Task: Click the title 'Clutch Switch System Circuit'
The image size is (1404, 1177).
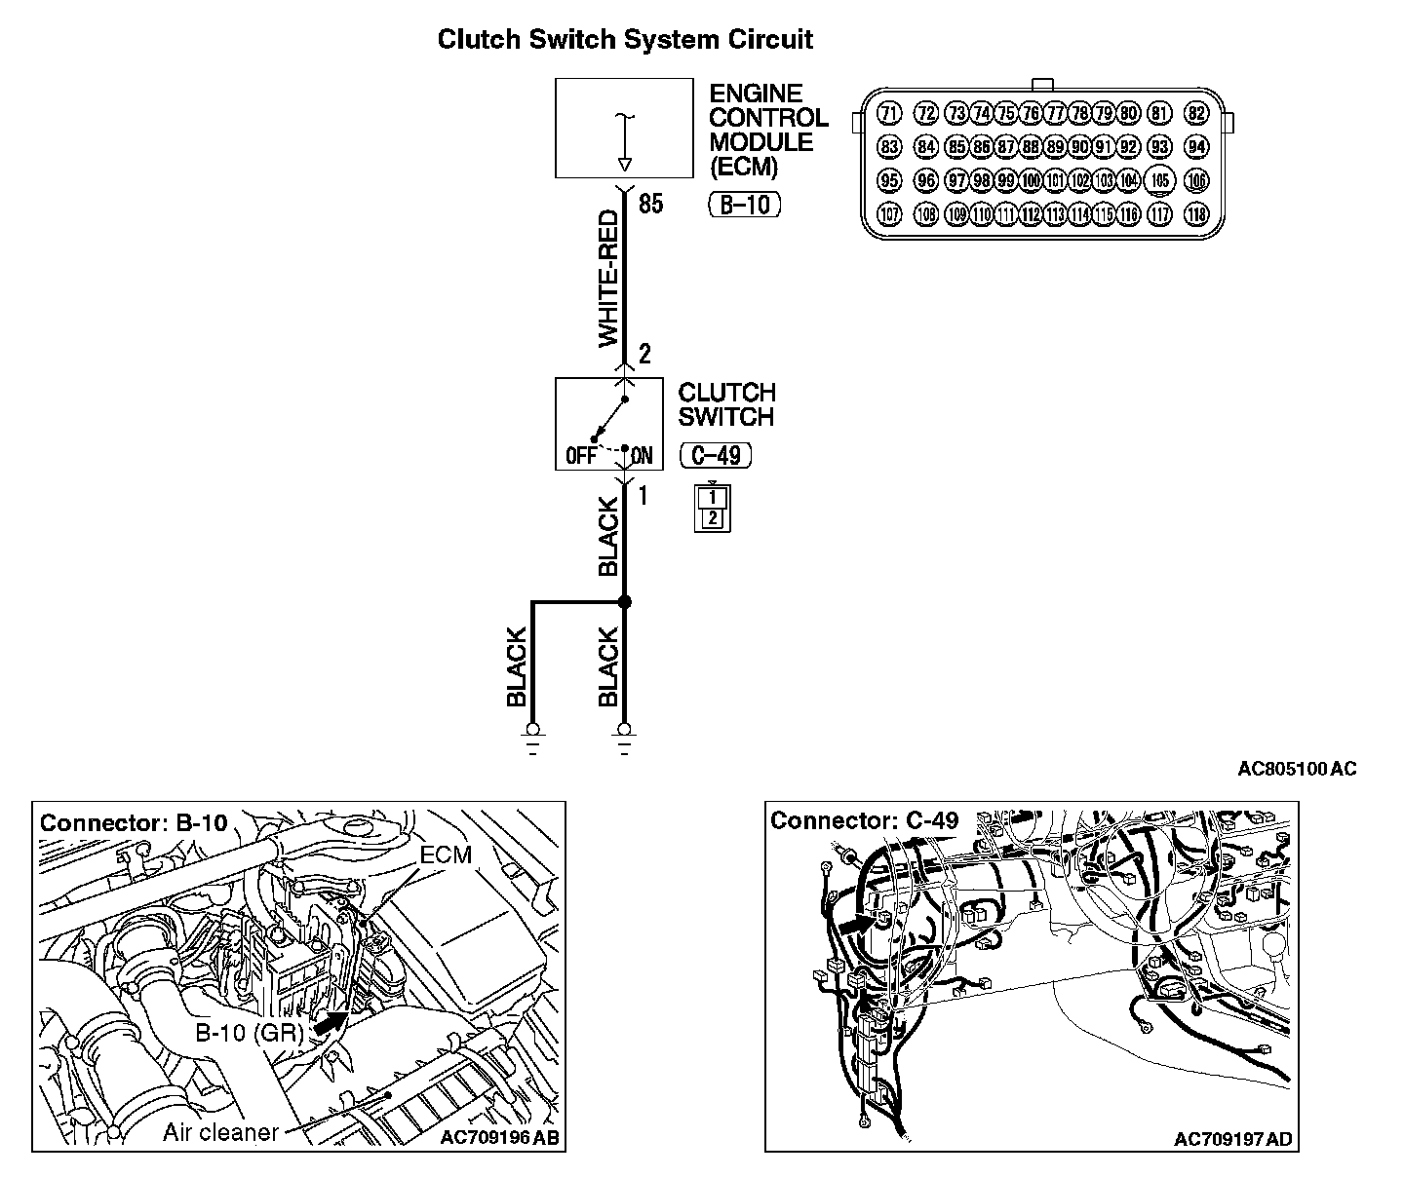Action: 624,40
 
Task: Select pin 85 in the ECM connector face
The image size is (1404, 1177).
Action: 957,148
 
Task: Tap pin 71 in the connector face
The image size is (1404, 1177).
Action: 888,113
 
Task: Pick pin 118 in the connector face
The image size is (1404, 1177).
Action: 1196,214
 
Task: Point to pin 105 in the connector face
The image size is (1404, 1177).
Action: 1159,180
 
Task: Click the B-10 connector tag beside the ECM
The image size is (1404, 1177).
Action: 744,206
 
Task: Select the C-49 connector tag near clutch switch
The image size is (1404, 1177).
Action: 716,455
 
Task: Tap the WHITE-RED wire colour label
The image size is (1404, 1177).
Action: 607,280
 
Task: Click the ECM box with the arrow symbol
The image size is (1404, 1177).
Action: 624,129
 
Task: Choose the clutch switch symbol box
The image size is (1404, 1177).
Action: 609,424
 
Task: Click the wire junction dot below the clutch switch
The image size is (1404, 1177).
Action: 625,603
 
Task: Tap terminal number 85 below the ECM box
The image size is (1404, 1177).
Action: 650,205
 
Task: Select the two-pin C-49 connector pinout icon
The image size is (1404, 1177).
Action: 713,508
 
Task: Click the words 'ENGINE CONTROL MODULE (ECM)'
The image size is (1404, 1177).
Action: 767,130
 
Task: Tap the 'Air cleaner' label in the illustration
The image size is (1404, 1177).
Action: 220,1132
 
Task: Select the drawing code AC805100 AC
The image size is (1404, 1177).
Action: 1296,769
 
